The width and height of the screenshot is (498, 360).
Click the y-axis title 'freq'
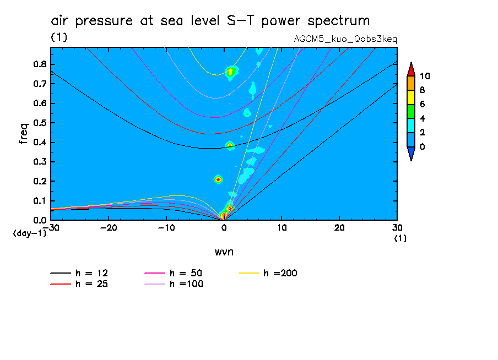click(x=24, y=133)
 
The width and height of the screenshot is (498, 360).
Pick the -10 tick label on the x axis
click(x=166, y=227)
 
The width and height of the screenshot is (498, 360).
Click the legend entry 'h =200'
click(x=280, y=273)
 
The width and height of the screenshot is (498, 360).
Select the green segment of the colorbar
click(x=410, y=111)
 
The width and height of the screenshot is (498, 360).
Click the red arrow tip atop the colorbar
click(x=410, y=68)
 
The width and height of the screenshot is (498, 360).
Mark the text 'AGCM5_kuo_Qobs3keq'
click(x=346, y=39)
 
